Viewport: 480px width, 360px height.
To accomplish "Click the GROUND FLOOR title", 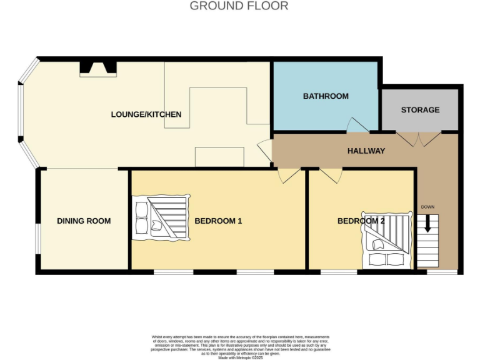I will [x=239, y=6].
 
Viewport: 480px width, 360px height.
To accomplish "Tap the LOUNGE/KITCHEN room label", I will [x=146, y=114].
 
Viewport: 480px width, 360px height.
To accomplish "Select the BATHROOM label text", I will [x=326, y=96].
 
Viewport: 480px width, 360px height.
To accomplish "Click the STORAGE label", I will [x=420, y=110].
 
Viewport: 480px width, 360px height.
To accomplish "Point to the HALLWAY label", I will [x=366, y=151].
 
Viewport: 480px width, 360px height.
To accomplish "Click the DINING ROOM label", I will [x=84, y=221].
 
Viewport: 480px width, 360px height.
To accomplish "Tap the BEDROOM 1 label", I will [x=218, y=221].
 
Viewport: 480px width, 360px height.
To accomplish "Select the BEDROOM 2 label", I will [x=361, y=221].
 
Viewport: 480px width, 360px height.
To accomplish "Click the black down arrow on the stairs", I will [x=427, y=224].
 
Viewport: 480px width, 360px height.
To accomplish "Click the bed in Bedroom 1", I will [x=159, y=217].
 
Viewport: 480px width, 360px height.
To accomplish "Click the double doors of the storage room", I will [x=419, y=139].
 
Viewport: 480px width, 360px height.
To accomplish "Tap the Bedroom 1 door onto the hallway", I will [x=289, y=176].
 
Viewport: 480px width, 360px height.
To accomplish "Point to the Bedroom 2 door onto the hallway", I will [x=330, y=176].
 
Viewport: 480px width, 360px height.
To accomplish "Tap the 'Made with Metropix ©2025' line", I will [x=240, y=357].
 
